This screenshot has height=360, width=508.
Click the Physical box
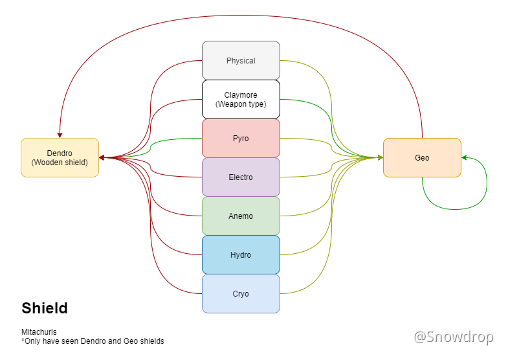(x=241, y=61)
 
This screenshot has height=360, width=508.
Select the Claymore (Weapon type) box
(x=241, y=100)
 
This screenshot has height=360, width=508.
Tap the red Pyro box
(x=241, y=139)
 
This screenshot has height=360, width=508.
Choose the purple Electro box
(x=241, y=177)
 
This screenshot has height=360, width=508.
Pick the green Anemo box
(x=241, y=216)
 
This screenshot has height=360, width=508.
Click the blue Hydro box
(x=241, y=255)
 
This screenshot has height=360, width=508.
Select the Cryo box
(x=241, y=294)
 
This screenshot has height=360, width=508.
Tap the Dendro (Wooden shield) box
(x=60, y=157)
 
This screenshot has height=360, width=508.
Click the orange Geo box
(x=422, y=157)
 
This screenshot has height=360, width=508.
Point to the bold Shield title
(x=45, y=308)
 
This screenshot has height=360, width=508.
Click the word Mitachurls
(x=39, y=332)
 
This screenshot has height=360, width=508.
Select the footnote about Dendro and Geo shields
(x=93, y=341)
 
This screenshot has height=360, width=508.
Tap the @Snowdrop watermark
(x=454, y=337)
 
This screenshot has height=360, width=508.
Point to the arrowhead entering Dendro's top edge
(x=60, y=134)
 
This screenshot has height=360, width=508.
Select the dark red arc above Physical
(x=241, y=15)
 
